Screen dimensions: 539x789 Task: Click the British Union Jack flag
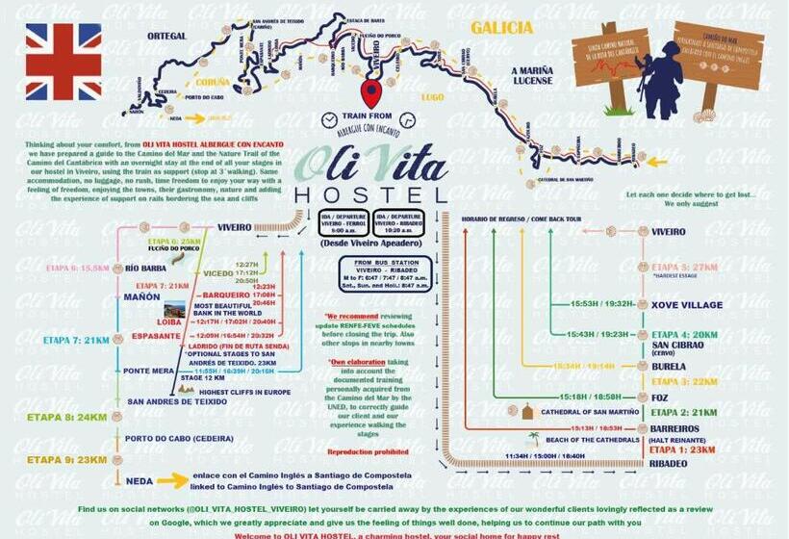click(x=63, y=62)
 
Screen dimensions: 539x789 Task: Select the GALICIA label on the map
click(x=500, y=28)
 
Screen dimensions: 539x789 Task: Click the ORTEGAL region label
click(x=165, y=36)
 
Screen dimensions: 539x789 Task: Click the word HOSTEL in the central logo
click(x=370, y=195)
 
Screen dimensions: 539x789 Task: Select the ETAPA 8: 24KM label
click(x=53, y=417)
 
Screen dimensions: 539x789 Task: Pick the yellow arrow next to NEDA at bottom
click(x=173, y=479)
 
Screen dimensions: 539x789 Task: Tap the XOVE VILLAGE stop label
click(x=687, y=304)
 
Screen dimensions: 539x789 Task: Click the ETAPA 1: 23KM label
click(x=681, y=449)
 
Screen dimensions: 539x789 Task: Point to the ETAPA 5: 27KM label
click(x=684, y=267)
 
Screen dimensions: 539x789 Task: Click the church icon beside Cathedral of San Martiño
click(x=526, y=412)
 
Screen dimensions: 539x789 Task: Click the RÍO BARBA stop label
click(x=146, y=269)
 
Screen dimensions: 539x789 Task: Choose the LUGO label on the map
click(x=433, y=97)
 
